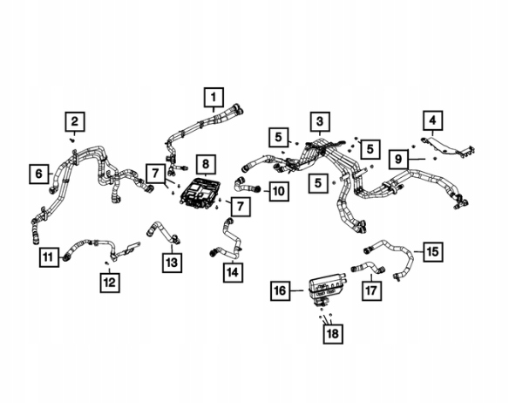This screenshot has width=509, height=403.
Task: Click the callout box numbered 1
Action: coord(214,97)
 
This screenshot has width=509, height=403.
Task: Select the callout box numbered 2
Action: coord(75,122)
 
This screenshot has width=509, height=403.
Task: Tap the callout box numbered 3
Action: coord(320,122)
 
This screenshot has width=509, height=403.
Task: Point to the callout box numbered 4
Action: coord(432,120)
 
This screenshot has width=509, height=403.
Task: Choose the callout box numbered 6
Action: coord(39,174)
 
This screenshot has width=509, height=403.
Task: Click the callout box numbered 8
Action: coord(206,165)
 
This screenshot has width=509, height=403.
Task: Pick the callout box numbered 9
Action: coord(398,160)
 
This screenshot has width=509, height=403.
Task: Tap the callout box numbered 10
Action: coord(279,191)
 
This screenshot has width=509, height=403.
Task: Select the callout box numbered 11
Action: coord(49,257)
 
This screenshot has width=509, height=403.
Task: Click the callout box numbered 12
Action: coord(110,283)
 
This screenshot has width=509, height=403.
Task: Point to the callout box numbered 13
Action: coord(172,263)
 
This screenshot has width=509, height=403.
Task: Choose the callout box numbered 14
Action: coord(233,272)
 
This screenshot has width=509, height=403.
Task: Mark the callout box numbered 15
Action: coord(433,252)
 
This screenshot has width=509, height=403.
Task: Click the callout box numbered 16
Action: coord(281,290)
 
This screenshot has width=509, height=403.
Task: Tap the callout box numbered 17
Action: coord(371,290)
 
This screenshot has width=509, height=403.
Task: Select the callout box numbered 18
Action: coord(333,334)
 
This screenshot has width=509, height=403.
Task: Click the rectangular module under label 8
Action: coord(200,193)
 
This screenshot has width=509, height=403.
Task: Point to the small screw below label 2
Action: coord(72,140)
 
